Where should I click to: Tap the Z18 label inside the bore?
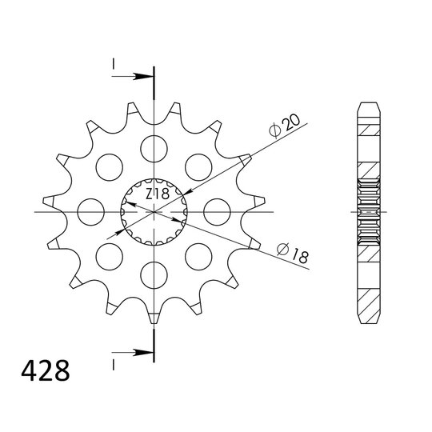click(157, 194)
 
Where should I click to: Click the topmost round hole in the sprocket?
click(153, 147)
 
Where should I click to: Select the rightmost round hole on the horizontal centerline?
click(217, 212)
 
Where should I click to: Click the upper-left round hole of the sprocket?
click(107, 166)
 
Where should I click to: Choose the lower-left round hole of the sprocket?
click(107, 257)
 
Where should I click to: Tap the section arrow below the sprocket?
click(136, 350)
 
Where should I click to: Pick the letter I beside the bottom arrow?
click(114, 364)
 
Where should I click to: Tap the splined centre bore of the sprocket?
click(153, 212)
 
